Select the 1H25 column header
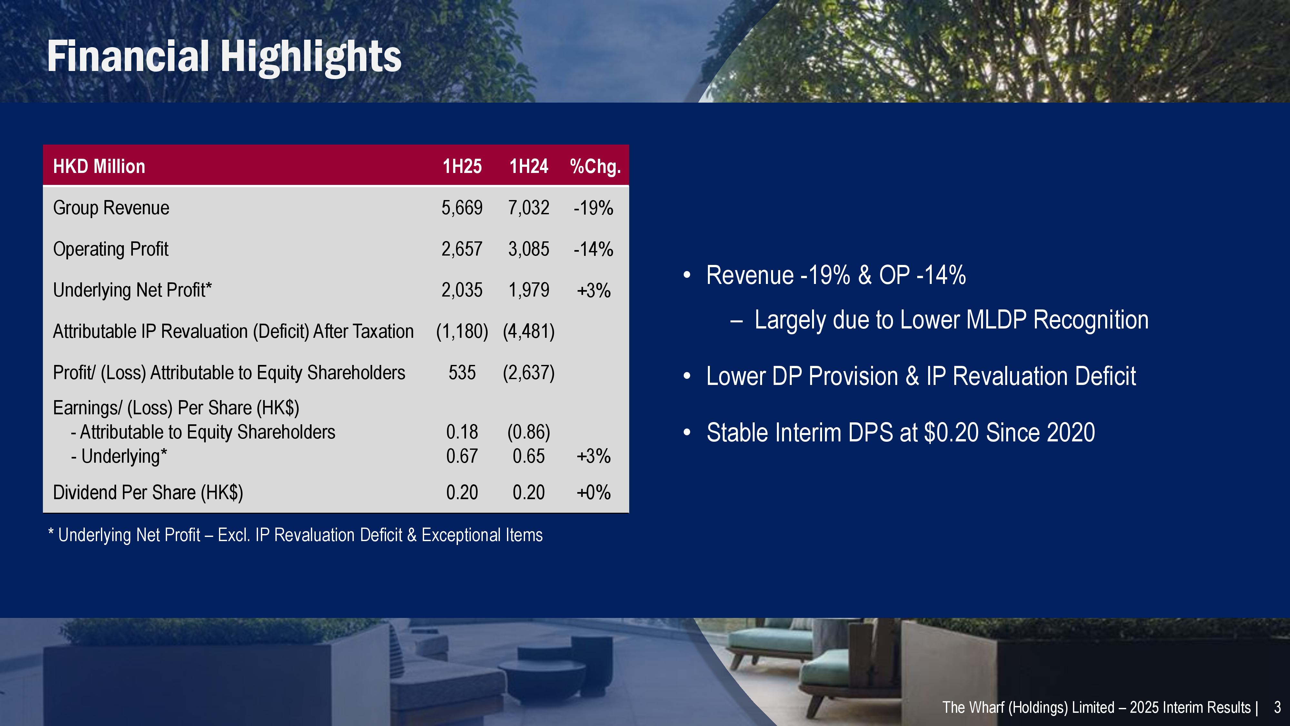click(x=462, y=166)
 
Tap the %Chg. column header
click(x=595, y=166)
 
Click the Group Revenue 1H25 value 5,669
click(x=462, y=208)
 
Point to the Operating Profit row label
click(x=111, y=249)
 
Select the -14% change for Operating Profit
click(x=593, y=249)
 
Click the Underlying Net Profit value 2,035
click(x=462, y=290)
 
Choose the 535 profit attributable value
click(x=462, y=373)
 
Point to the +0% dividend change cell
click(x=593, y=492)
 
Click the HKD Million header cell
click(x=99, y=166)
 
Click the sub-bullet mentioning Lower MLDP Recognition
click(x=951, y=320)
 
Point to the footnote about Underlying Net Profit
click(x=295, y=535)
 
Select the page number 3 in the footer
click(x=1277, y=708)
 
